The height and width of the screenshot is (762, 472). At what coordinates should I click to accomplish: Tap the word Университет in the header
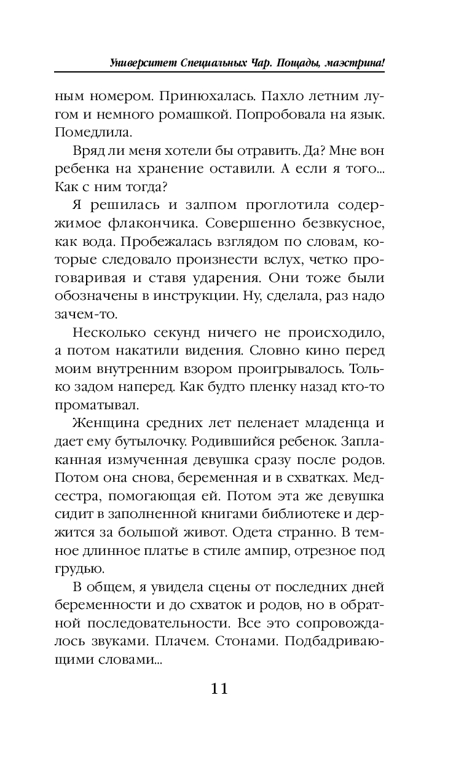click(143, 63)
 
